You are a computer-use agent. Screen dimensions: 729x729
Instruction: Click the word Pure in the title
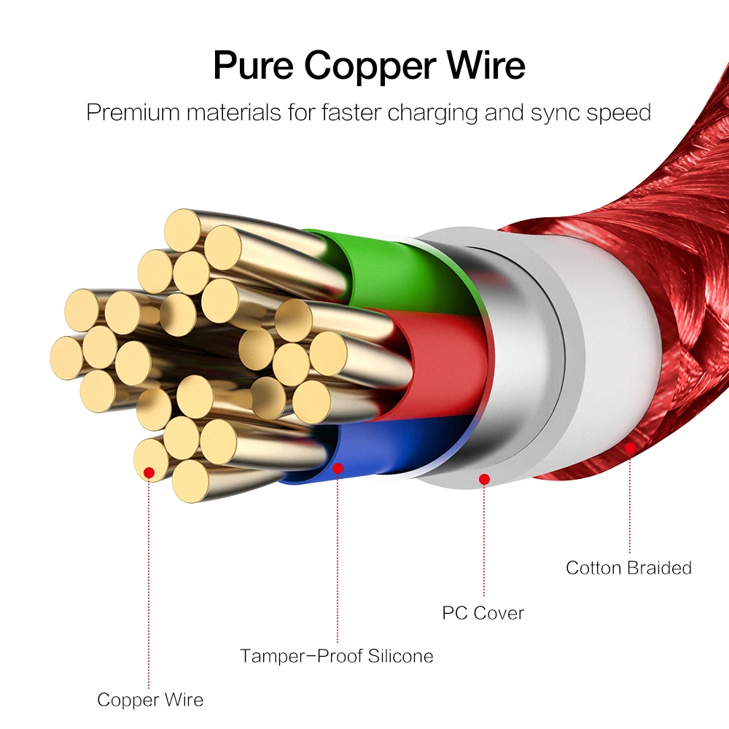[253, 65]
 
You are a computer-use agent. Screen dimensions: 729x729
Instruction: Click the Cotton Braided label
[628, 567]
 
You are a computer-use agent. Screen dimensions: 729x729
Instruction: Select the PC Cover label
[483, 612]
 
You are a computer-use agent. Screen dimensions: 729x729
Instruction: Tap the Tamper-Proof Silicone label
[336, 655]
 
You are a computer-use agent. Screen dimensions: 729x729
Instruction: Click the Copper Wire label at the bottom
[150, 700]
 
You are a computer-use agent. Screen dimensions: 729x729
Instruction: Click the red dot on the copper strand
[149, 473]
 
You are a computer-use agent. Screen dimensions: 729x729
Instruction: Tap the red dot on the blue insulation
[338, 469]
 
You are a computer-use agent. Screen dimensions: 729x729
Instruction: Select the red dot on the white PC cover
[483, 479]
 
